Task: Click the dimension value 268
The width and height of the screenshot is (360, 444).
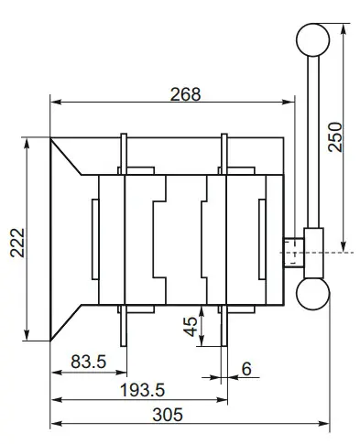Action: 184,94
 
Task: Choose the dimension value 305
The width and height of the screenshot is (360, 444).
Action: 164,414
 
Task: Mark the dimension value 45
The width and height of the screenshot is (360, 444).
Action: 191,327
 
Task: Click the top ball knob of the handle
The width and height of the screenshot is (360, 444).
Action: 312,39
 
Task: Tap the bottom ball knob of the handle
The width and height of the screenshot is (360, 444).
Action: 311,295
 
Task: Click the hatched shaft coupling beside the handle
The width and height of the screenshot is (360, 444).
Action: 292,252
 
